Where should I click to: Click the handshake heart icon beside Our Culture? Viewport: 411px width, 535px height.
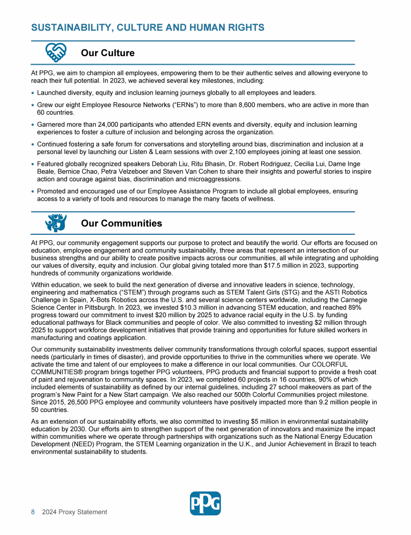[56, 52]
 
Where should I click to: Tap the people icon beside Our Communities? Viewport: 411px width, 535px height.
[56, 223]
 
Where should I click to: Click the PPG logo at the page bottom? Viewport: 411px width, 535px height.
[205, 503]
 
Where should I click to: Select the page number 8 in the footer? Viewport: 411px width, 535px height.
[33, 512]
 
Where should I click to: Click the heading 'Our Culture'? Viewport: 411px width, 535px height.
[108, 53]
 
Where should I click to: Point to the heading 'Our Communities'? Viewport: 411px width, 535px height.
[121, 223]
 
